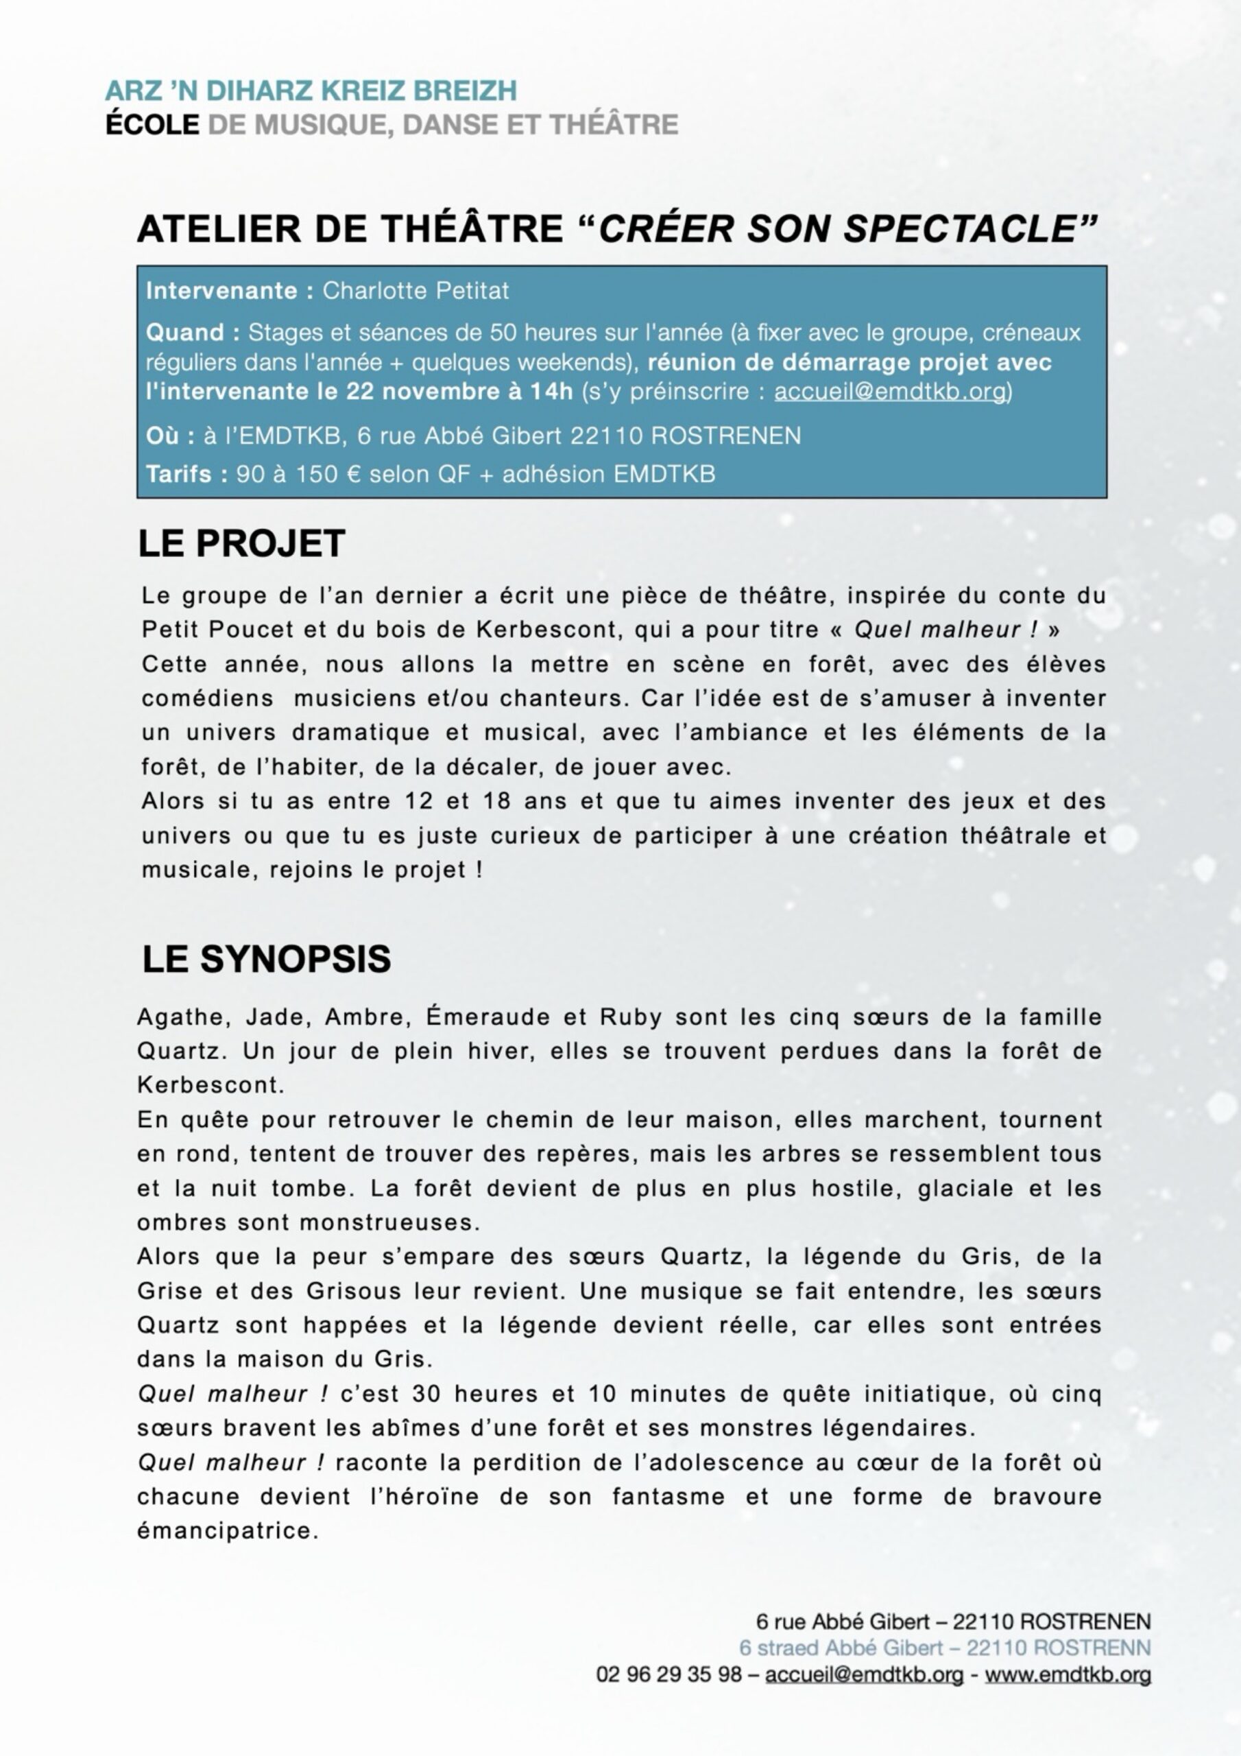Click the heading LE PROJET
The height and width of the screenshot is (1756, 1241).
pos(241,544)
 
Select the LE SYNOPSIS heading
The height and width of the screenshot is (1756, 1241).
pos(266,959)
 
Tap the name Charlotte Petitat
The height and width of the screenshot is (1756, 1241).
pos(415,291)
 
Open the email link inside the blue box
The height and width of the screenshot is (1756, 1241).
pos(890,391)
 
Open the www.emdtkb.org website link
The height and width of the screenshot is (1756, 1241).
pos(1068,1674)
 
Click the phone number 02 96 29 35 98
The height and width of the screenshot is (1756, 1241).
pos(668,1674)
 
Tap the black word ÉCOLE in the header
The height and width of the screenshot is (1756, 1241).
pos(152,124)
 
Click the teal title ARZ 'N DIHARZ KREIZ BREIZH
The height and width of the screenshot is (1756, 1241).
pos(311,91)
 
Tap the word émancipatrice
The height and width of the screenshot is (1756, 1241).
pos(227,1531)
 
